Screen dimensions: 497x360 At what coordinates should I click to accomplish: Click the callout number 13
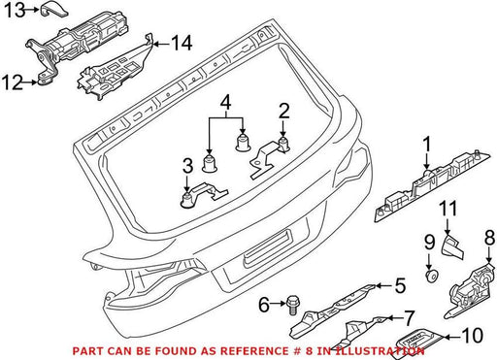coord(15,10)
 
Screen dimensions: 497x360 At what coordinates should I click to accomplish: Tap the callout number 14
coord(182,43)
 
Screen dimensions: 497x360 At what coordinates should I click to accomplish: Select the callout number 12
coord(13,82)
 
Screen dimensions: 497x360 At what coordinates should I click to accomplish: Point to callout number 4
coord(226,102)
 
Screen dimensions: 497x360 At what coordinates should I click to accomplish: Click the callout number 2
coord(283,111)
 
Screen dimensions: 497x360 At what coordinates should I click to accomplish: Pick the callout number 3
coord(187,165)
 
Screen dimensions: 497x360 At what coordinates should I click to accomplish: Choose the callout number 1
coord(427,145)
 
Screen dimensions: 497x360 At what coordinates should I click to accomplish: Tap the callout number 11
coord(448,209)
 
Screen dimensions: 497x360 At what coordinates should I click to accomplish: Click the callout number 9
coord(430,242)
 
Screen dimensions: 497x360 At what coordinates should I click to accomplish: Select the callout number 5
coord(400,285)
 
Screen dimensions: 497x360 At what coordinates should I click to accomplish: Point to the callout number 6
coord(264,305)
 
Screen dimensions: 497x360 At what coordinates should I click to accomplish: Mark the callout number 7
coord(409,318)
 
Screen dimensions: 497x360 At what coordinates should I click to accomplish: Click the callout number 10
coord(473,336)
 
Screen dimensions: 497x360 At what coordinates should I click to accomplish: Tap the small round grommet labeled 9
coord(431,277)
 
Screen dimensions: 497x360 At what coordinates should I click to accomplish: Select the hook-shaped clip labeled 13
coord(54,9)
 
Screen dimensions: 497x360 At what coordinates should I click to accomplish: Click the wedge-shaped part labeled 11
coord(451,247)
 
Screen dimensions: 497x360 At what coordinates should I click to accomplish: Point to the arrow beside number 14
coord(160,44)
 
